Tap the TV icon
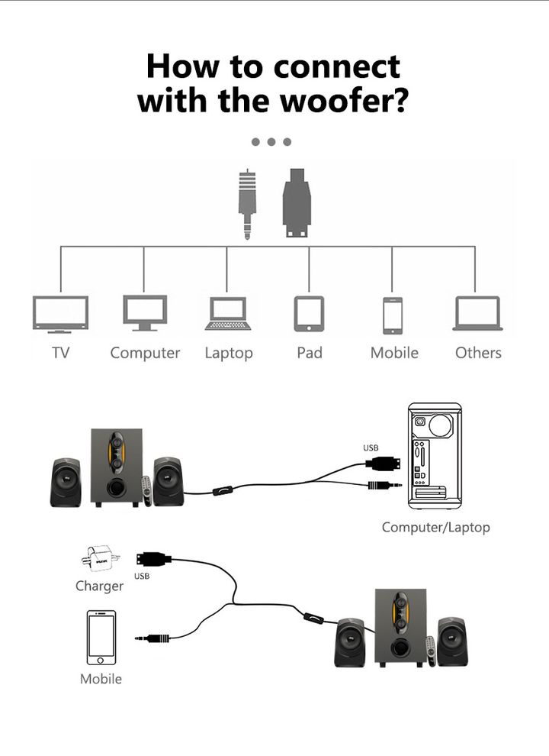[x=60, y=314]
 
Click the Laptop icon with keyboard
[x=228, y=313]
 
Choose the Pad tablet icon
[x=309, y=314]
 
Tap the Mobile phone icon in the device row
[x=393, y=315]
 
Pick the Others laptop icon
[x=477, y=313]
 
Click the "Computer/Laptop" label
[x=435, y=527]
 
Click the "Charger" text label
[x=99, y=586]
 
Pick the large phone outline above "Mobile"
[x=101, y=638]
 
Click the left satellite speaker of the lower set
[x=350, y=642]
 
